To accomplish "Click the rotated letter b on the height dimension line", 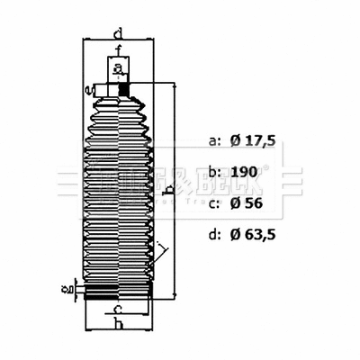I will (x=168, y=191).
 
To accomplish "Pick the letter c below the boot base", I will (x=118, y=310).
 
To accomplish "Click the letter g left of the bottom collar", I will (x=64, y=291).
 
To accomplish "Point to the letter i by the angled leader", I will (x=159, y=246).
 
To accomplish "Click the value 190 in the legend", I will (x=244, y=172).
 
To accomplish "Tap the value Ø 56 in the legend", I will (x=247, y=203).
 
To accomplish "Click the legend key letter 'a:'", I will (x=214, y=141).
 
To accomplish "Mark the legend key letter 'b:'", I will (x=214, y=172).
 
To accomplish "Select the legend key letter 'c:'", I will (x=214, y=203).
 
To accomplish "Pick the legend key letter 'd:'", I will (x=214, y=236).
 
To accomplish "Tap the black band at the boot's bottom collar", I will (x=117, y=292).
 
